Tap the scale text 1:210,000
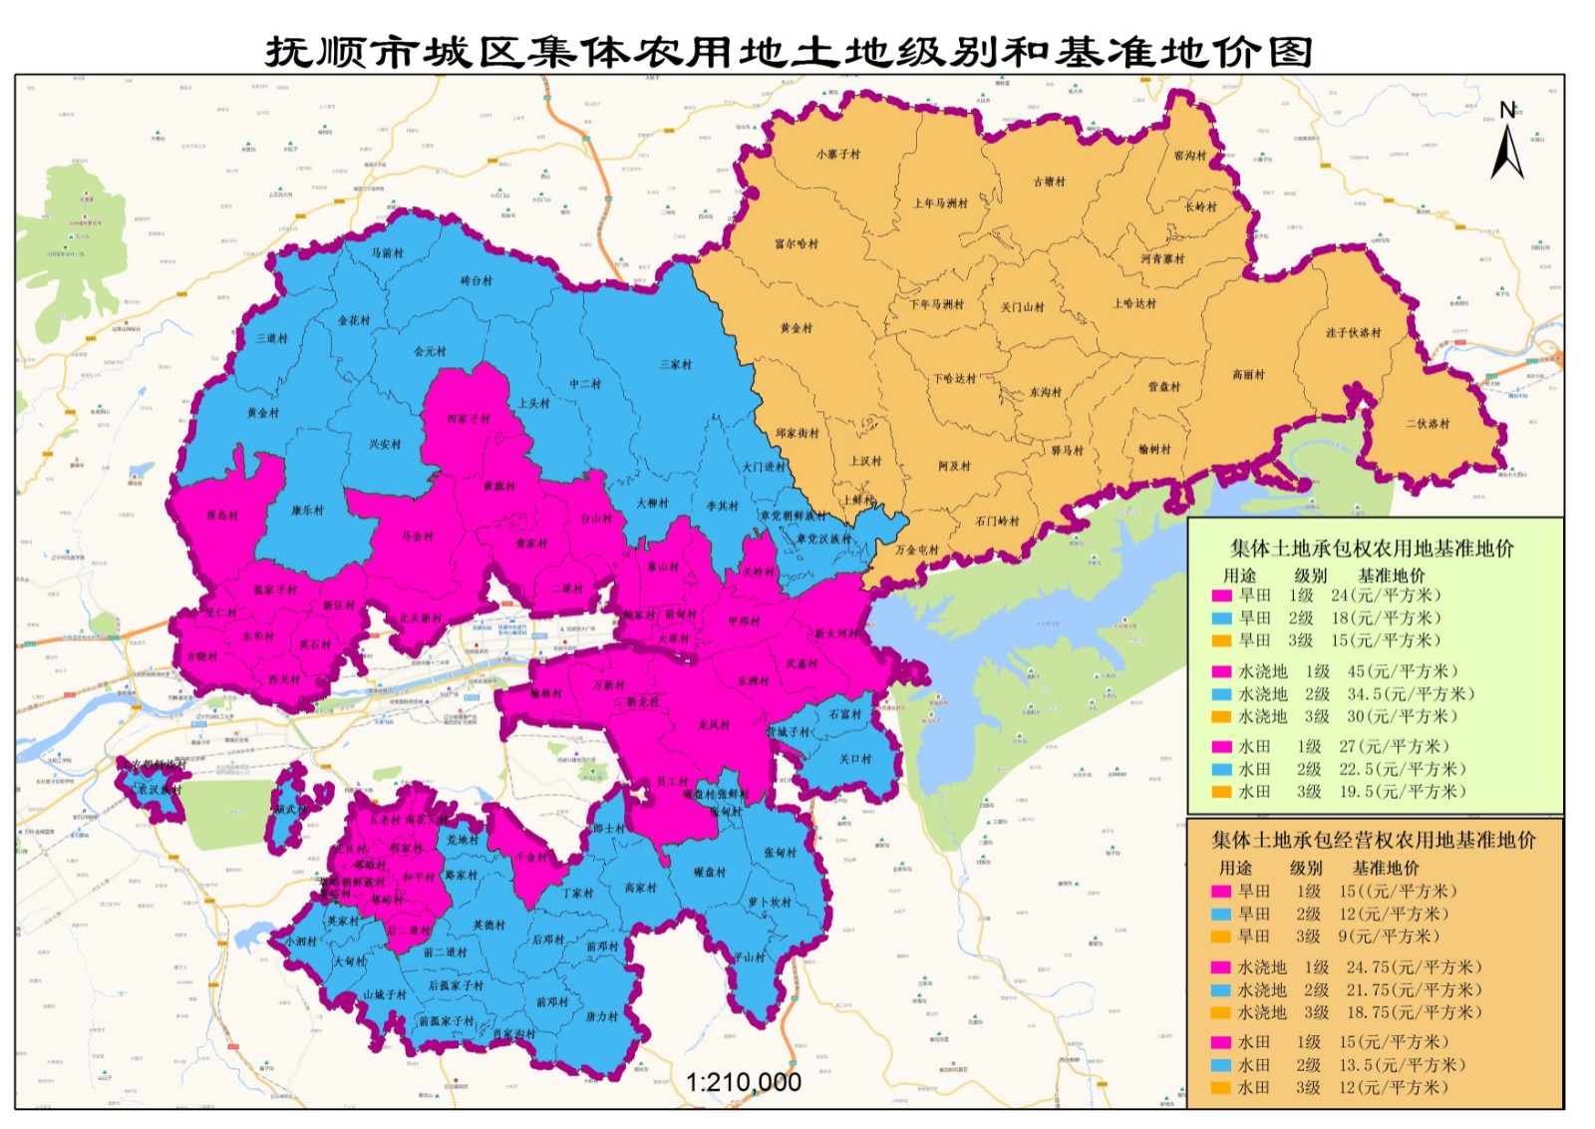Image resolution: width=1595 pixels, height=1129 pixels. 743,1082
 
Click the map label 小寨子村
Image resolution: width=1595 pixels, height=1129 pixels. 837,154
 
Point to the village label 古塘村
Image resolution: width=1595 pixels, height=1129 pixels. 1049,181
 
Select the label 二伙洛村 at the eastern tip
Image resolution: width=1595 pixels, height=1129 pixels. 1428,423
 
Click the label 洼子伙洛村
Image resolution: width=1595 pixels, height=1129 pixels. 1353,332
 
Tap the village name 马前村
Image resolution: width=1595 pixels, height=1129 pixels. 387,252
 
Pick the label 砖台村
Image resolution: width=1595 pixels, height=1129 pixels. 477,280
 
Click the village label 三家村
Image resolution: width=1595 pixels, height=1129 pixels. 675,364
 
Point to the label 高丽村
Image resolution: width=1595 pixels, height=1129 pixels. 1248,374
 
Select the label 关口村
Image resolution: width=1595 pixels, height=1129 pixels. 854,758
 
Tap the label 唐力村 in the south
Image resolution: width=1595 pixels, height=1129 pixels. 601,1016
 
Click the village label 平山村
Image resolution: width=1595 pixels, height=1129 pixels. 749,956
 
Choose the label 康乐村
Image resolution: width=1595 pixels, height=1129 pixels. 307,510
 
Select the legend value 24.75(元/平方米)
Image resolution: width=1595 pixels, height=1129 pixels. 1414,967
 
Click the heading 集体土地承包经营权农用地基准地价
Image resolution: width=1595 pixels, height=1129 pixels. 1373,841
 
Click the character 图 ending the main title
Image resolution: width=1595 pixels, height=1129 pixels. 1290,52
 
